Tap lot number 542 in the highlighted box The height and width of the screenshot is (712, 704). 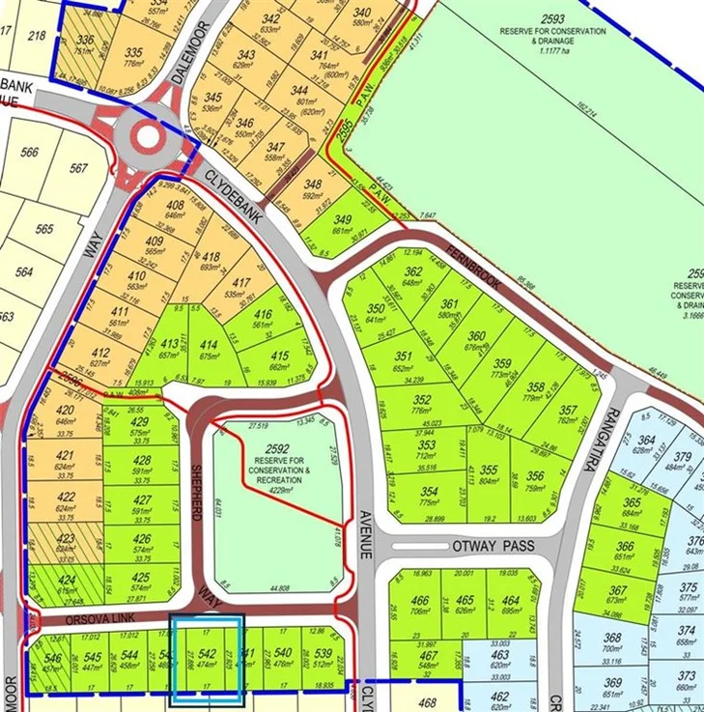(206, 659)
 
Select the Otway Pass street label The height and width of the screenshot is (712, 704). (493, 547)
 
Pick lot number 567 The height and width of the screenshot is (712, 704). (79, 167)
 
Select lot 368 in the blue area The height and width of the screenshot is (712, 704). (612, 642)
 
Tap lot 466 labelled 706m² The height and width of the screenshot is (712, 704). (419, 605)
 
